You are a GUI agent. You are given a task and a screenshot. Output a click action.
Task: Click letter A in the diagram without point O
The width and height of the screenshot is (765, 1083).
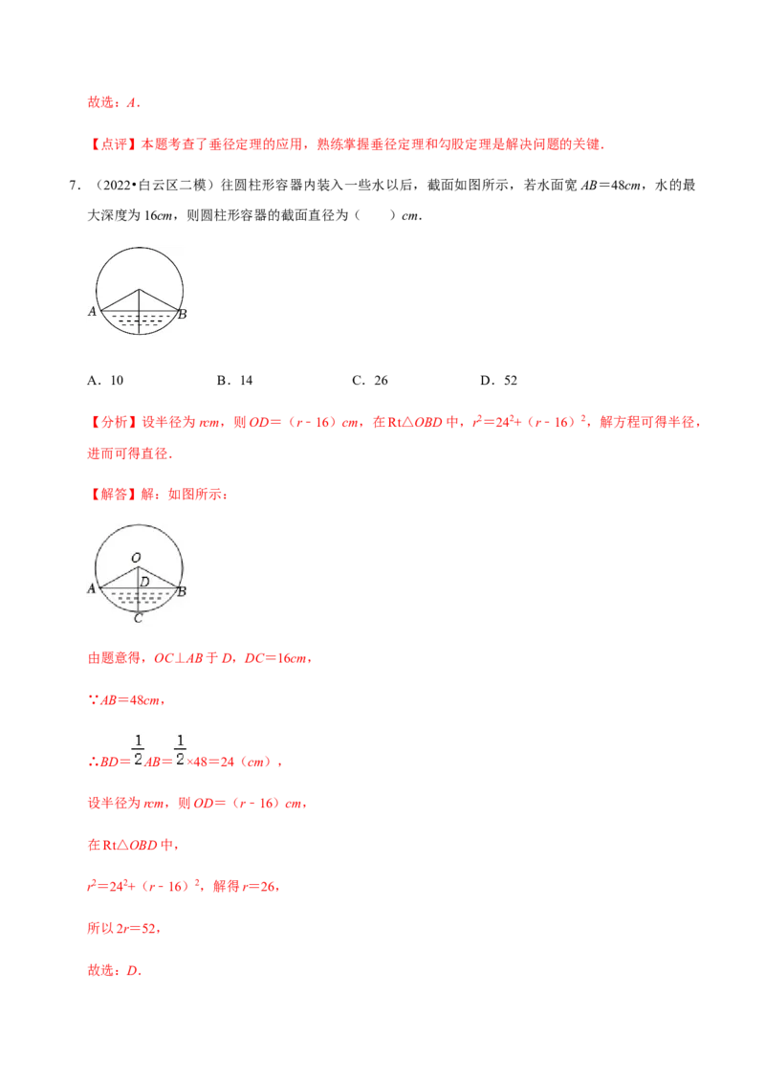pos(92,311)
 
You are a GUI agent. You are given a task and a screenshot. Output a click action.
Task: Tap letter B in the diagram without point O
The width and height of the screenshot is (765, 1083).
pos(183,313)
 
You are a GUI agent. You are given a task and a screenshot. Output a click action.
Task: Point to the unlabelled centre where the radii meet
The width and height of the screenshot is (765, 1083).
pos(139,289)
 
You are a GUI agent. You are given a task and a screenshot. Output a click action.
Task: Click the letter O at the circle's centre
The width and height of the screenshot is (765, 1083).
pos(136,558)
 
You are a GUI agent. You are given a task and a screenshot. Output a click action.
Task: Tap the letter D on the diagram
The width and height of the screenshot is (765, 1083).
pos(144,581)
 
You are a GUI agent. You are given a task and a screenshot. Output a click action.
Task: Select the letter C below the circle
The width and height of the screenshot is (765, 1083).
pos(139,618)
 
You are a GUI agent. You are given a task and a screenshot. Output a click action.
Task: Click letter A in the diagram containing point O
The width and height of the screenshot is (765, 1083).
pos(92,589)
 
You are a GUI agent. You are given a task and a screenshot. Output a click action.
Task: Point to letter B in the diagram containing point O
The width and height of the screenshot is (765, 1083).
pos(182,592)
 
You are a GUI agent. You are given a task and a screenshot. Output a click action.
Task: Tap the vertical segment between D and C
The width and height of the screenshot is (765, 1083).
pos(139,600)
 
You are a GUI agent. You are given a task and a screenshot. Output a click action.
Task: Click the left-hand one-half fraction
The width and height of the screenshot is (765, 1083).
pos(138,750)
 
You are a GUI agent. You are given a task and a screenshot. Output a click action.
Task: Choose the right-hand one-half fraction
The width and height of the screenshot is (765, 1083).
pos(180,750)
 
